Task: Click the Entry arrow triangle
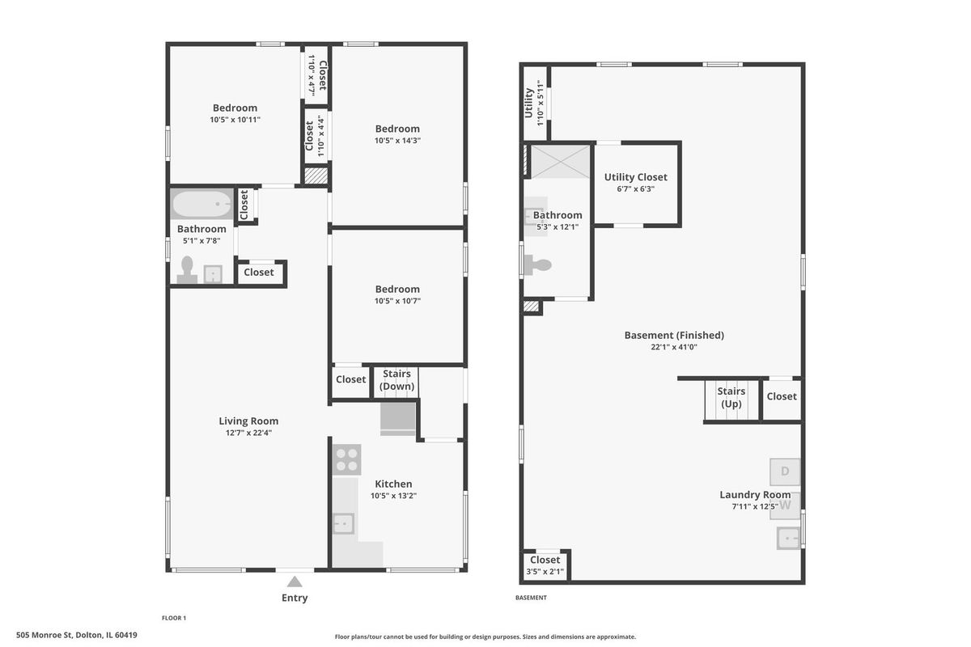(295, 581)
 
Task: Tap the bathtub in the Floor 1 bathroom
(201, 204)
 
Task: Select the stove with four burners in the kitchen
(347, 460)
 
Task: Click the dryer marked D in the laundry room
(785, 472)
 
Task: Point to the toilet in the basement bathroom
(537, 264)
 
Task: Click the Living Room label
(248, 421)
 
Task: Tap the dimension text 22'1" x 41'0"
(673, 347)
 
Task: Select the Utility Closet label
(635, 177)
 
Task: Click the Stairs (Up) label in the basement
(731, 397)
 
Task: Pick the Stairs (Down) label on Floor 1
(396, 379)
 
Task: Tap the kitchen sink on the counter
(343, 523)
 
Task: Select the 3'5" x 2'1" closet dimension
(545, 572)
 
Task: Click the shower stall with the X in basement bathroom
(561, 162)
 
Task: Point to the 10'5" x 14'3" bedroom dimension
(397, 141)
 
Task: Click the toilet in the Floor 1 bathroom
(187, 269)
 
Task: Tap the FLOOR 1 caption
(174, 618)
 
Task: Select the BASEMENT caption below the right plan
(531, 598)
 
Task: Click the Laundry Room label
(755, 494)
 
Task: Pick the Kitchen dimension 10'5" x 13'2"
(393, 496)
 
